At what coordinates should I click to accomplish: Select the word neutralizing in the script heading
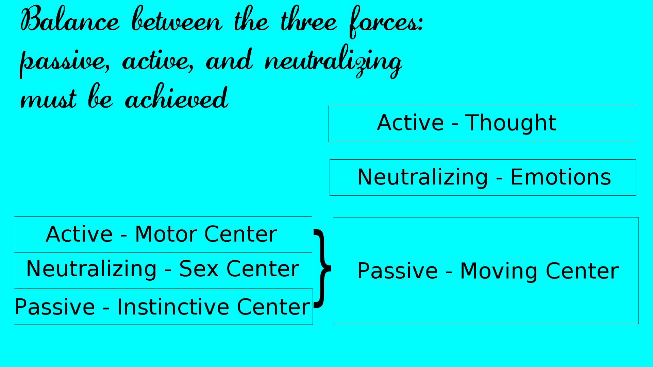coord(334,61)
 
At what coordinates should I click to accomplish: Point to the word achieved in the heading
coord(177,97)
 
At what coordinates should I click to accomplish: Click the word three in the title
coord(309,19)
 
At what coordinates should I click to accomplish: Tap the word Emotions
coord(561,177)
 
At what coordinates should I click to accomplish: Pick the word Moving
coord(499,271)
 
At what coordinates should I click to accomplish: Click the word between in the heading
coord(177,19)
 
